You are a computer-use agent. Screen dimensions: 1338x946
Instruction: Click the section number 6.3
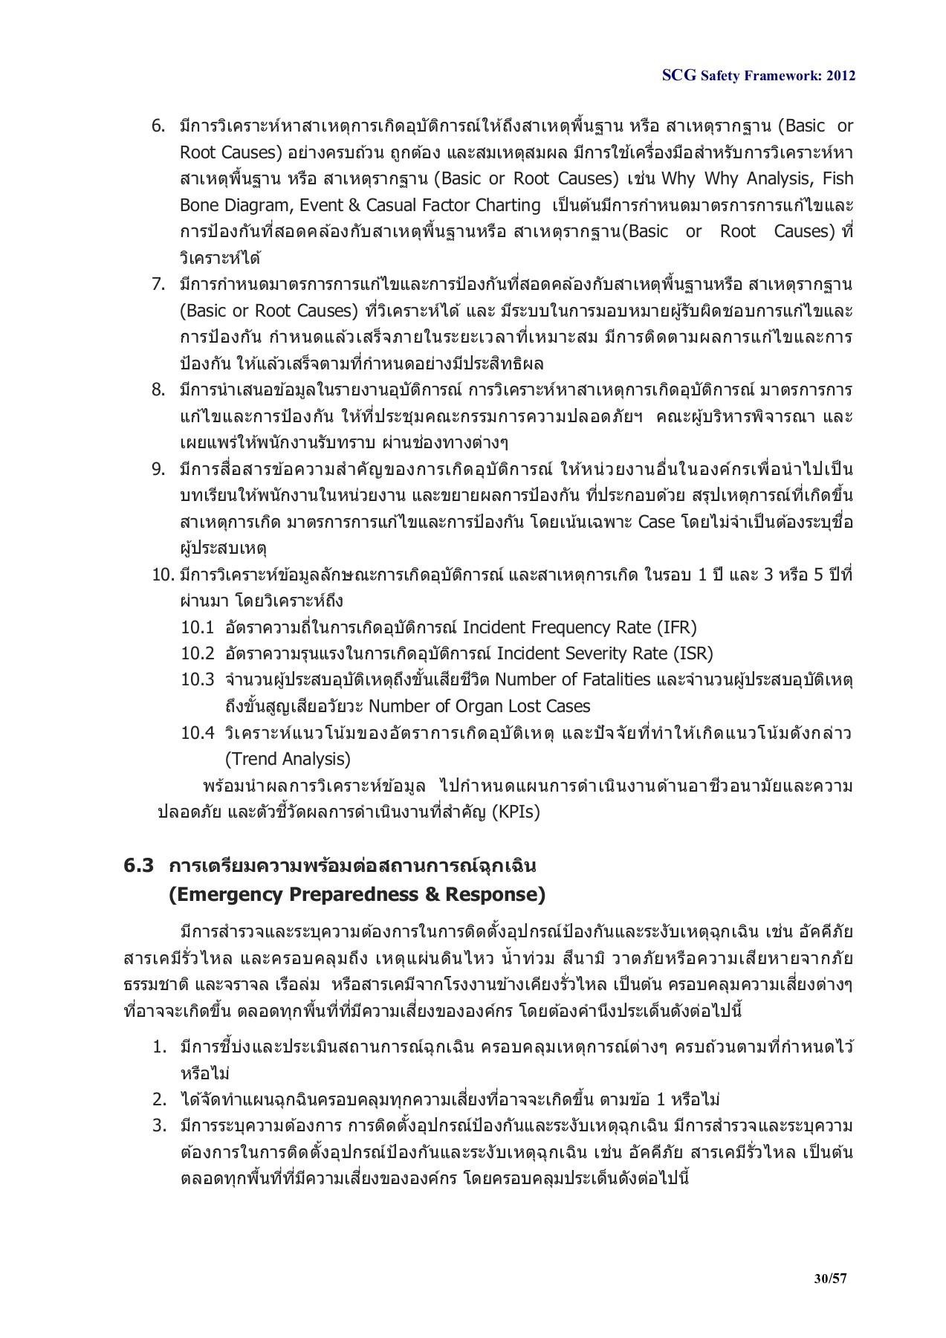click(138, 866)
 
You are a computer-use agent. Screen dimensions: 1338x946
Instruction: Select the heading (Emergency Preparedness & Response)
click(357, 894)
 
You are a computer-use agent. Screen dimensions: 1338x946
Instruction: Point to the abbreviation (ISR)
click(692, 653)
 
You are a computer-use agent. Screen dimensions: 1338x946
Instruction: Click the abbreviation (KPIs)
click(515, 812)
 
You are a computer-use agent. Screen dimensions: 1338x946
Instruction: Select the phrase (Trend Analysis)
click(288, 759)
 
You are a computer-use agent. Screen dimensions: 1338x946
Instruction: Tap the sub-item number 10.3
click(197, 680)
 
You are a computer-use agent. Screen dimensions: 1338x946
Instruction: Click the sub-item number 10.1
click(197, 627)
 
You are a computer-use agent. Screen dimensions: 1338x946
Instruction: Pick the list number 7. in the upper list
click(158, 284)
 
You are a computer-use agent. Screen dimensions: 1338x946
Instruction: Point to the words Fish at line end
click(838, 178)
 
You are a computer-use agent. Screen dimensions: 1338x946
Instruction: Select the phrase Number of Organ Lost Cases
click(479, 706)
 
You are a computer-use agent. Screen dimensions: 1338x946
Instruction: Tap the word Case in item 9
click(656, 522)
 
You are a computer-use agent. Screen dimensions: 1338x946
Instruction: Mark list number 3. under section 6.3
click(158, 1125)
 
